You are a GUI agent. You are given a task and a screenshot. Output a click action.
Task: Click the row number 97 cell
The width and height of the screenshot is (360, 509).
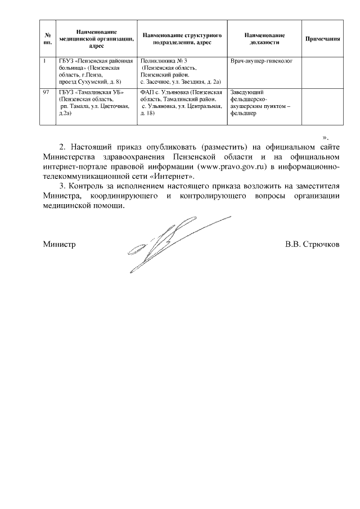click(47, 91)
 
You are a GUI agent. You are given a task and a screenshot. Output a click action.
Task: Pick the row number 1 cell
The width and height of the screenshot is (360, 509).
click(44, 60)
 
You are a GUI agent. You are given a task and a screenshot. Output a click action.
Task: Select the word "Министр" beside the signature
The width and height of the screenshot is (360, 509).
click(59, 245)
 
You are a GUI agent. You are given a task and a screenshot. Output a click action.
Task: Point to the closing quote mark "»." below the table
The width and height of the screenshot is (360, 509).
click(325, 137)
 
